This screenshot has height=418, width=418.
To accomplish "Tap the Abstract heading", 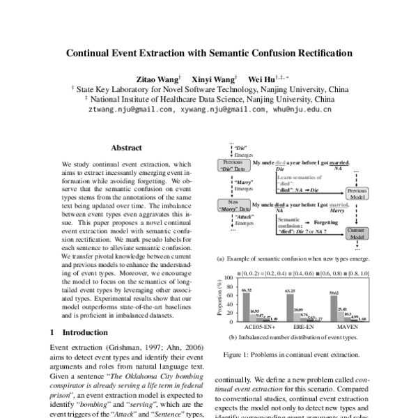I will click(x=126, y=148).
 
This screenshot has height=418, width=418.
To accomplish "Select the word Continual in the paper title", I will click(x=94, y=53).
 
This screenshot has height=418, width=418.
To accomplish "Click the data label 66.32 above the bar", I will click(x=246, y=289).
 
